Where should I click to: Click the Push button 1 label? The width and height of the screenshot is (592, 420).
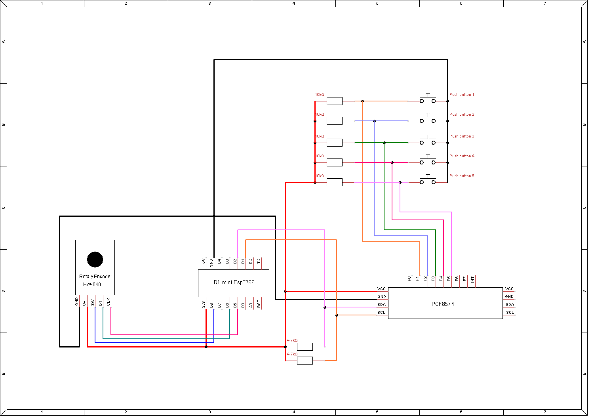[x=461, y=95]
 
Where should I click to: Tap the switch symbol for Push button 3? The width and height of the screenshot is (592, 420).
[x=428, y=141]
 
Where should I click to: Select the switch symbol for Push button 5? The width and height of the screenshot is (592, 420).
[x=428, y=180]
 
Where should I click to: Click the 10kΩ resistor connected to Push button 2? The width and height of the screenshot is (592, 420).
[x=335, y=121]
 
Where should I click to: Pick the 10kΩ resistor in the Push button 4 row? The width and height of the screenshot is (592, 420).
[x=335, y=162]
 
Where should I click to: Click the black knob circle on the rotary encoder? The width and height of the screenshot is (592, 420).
[x=95, y=260]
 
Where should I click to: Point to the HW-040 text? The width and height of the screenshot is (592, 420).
[x=92, y=284]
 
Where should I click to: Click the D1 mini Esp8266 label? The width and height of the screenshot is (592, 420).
[x=234, y=283]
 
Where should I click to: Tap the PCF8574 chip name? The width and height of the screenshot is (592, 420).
[x=443, y=304]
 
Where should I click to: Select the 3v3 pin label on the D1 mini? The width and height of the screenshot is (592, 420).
[x=204, y=304]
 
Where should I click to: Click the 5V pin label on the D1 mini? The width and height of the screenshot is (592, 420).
[x=204, y=261]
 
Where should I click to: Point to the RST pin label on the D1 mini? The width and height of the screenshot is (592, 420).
[x=259, y=304]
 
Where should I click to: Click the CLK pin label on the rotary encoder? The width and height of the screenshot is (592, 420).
[x=109, y=302]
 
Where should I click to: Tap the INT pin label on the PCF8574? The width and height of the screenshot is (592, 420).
[x=473, y=279]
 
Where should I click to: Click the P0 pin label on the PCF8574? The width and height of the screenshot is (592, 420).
[x=409, y=279]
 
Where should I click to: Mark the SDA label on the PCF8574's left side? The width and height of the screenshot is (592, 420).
[x=381, y=305]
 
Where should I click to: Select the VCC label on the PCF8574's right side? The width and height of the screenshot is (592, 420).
[x=509, y=289]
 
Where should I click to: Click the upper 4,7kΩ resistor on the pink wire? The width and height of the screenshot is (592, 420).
[x=305, y=347]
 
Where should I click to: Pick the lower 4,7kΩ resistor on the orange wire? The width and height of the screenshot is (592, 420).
[x=305, y=361]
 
